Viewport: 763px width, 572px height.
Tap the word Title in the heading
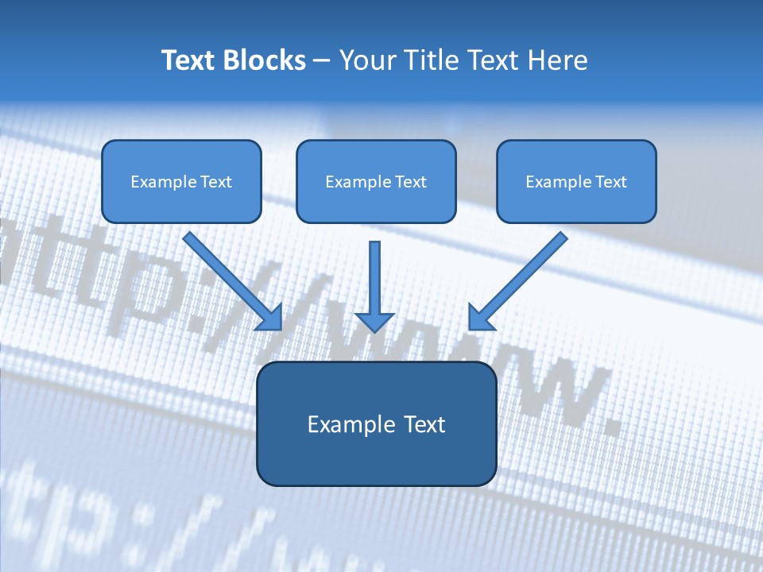click(x=430, y=60)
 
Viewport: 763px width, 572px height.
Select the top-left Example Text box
click(x=181, y=181)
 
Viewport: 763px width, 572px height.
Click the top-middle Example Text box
click(x=376, y=181)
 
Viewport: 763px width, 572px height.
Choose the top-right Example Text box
click(x=576, y=181)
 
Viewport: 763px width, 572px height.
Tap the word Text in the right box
click(x=610, y=182)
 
